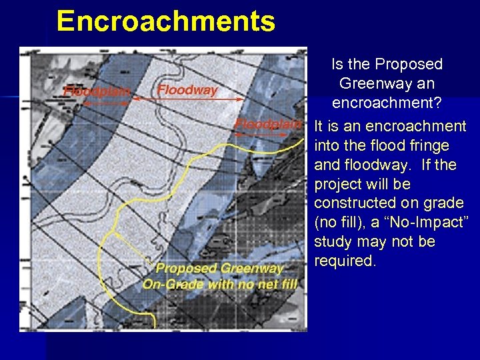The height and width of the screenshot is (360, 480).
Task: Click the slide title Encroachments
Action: (165, 21)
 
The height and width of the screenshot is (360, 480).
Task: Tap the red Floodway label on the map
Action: (187, 89)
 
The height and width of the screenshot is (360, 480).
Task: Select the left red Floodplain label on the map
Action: (97, 92)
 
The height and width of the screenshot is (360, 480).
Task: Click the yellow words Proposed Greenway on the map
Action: (219, 269)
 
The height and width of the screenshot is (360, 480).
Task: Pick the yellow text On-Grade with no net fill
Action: (220, 285)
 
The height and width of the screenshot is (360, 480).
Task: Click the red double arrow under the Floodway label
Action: (188, 99)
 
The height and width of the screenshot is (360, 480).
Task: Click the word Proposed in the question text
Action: (409, 65)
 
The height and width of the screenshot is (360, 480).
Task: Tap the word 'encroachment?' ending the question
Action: (387, 103)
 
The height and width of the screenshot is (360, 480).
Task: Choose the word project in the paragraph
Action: (338, 184)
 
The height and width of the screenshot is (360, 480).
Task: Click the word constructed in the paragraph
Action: (355, 203)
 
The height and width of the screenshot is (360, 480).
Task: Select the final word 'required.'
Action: (345, 261)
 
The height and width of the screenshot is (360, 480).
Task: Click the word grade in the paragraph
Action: (445, 203)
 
